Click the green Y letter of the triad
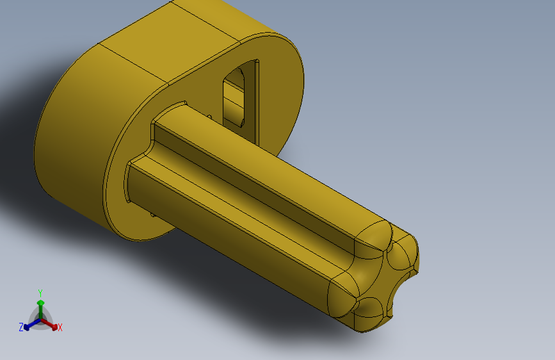coord(40,292)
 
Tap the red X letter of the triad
coord(60,327)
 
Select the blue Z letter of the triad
coord(21,327)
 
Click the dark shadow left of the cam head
coord(19,128)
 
